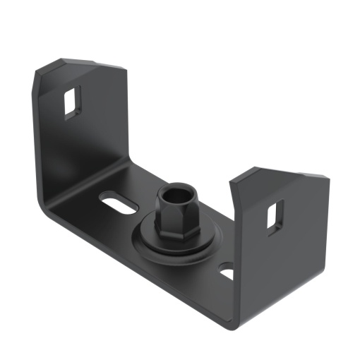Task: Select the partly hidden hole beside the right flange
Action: (x=226, y=272)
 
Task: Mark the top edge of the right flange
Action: (x=282, y=172)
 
